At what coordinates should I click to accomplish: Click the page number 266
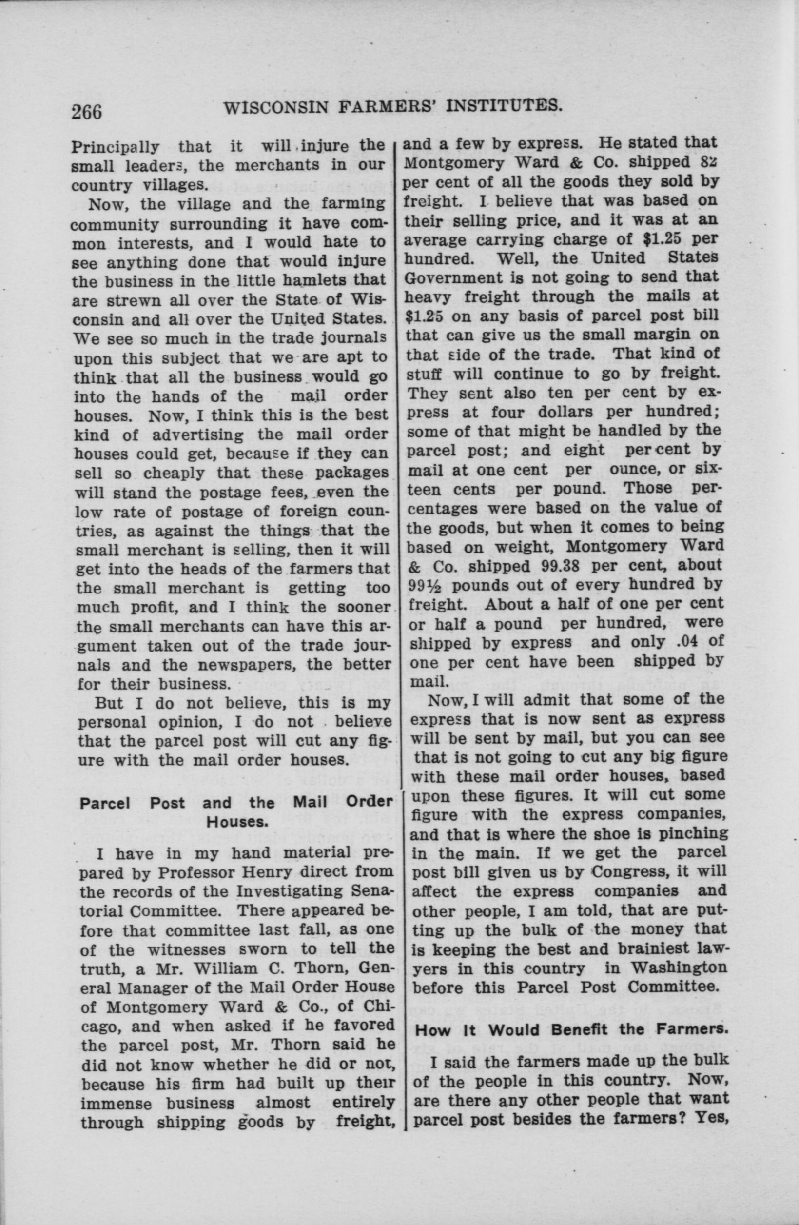click(x=88, y=112)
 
